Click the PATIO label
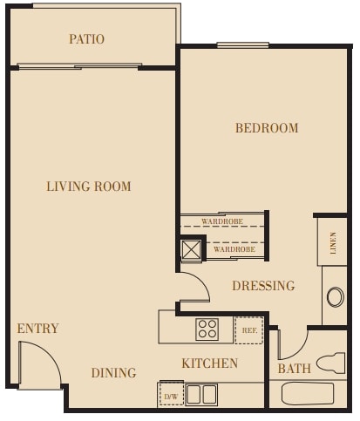coord(86,39)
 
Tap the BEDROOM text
coord(267,128)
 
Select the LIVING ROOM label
coord(89,187)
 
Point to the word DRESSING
coord(263,286)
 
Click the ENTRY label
coord(38,329)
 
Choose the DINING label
coord(113,373)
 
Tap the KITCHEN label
coord(209,363)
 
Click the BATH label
coord(295,369)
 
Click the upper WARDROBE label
coord(221,221)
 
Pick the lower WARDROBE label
coord(234,249)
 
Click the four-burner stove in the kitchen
coord(207,329)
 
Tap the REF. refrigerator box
coord(248,330)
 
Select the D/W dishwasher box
coord(170,396)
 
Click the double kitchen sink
coord(201,394)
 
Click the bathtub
coord(307,394)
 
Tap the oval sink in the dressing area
coord(335,296)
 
